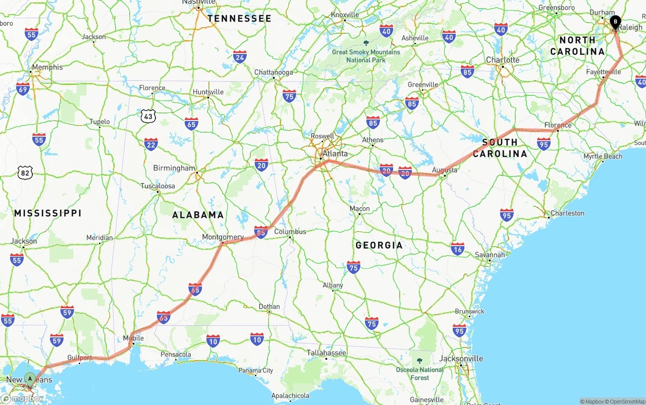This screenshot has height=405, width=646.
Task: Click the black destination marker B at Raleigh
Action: click(615, 22)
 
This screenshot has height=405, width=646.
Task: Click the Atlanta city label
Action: click(335, 153)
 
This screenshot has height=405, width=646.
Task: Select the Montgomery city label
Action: click(223, 237)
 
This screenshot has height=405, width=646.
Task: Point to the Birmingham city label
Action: click(174, 168)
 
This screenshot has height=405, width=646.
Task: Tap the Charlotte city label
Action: click(503, 60)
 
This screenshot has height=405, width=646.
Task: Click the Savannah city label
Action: click(490, 255)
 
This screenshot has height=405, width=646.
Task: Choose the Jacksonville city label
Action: click(461, 359)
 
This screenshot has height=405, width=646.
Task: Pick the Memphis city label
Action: click(47, 67)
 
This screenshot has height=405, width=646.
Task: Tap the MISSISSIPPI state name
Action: click(48, 213)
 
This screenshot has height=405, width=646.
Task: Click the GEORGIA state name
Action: click(379, 245)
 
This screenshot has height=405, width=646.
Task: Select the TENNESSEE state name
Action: click(239, 19)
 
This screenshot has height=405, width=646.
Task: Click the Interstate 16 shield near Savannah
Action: click(458, 248)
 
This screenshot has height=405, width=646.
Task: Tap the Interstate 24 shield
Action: click(240, 56)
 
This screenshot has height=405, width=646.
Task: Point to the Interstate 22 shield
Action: click(151, 144)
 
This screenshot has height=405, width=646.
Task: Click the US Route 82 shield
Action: click(25, 172)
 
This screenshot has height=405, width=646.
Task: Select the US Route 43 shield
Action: click(148, 116)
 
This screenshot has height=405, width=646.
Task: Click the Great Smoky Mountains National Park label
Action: click(366, 55)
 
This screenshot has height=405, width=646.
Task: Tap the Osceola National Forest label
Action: click(419, 373)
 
